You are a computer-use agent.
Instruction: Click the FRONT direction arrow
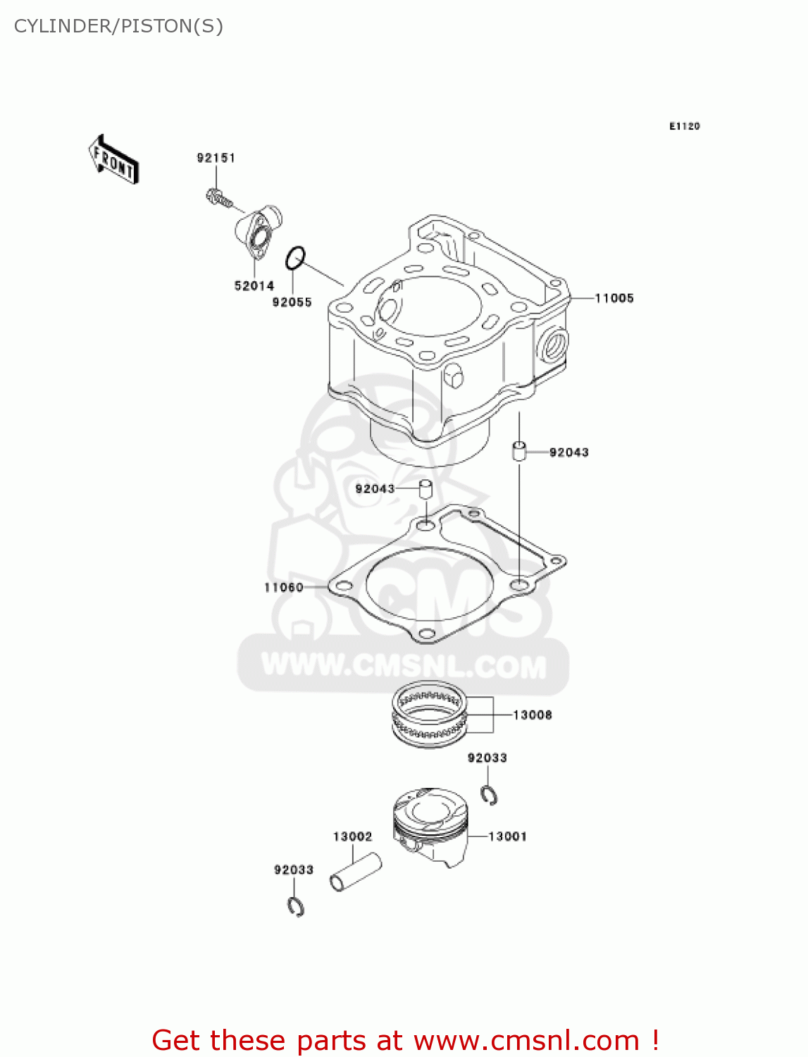tap(113, 160)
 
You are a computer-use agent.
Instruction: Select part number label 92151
tap(216, 158)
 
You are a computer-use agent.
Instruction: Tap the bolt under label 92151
tap(219, 198)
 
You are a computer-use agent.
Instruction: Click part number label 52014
tap(254, 285)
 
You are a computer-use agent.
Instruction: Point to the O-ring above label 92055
tap(295, 258)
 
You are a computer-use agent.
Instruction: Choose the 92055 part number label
tap(292, 302)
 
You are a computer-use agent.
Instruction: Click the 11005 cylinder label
tap(614, 298)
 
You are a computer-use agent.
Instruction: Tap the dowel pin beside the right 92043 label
tap(519, 450)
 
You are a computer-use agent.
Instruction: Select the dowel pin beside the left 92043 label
tap(425, 488)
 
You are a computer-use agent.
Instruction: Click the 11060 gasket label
tap(283, 587)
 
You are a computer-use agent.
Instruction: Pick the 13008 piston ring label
tap(532, 715)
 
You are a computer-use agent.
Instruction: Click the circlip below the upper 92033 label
tap(490, 794)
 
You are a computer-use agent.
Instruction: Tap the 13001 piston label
tap(507, 836)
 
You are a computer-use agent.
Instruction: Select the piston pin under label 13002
tap(356, 872)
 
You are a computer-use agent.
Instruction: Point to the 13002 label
tap(352, 836)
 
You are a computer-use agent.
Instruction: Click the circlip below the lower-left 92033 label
tap(296, 907)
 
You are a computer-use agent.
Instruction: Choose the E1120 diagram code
tap(684, 126)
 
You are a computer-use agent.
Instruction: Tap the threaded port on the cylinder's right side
tap(553, 345)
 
